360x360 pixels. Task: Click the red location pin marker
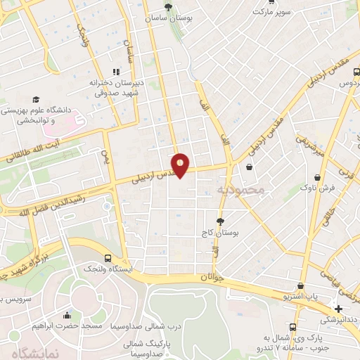[181, 165]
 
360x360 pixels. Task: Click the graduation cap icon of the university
[34, 100]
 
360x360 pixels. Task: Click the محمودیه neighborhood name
[240, 190]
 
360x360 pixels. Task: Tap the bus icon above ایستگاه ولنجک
[108, 258]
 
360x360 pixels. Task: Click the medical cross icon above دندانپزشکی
[338, 309]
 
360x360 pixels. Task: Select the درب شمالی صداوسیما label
[160, 327]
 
